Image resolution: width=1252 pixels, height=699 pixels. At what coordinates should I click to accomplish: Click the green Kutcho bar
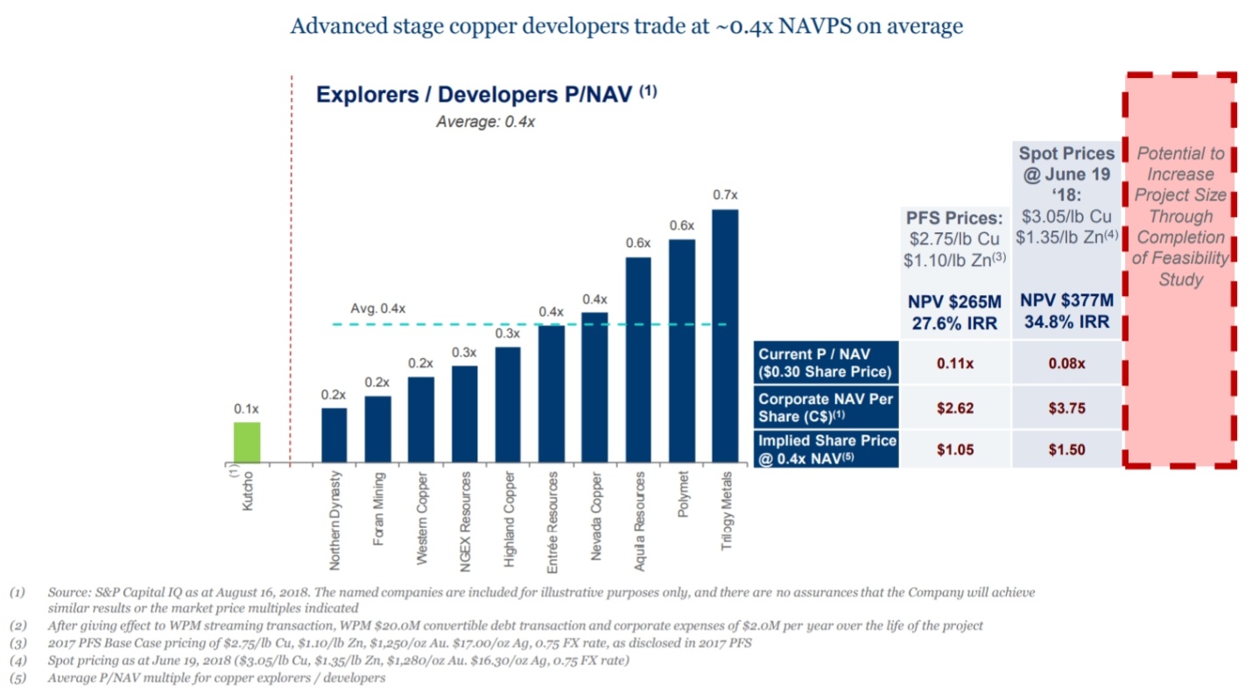[246, 442]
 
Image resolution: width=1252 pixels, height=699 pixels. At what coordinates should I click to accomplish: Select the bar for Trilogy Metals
[725, 336]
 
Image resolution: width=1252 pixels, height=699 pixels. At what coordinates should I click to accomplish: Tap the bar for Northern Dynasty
[334, 435]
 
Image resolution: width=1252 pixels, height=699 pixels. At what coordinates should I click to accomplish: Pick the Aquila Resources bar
[638, 360]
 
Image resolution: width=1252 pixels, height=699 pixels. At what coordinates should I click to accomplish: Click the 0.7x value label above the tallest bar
[725, 195]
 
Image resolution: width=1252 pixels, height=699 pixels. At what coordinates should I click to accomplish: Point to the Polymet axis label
[682, 496]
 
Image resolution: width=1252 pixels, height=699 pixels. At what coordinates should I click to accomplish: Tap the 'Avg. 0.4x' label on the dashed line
[378, 309]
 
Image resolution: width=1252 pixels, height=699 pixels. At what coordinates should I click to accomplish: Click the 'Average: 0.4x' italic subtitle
[485, 123]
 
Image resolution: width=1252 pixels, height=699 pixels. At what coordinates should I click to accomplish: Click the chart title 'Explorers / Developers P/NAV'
[473, 95]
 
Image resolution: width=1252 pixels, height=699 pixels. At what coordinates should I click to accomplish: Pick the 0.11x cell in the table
[955, 363]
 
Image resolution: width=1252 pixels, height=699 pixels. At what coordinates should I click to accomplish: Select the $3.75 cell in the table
[1066, 407]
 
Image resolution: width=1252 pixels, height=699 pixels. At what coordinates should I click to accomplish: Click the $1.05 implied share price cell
[955, 450]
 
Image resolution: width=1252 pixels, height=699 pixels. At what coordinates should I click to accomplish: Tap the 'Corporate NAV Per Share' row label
[826, 406]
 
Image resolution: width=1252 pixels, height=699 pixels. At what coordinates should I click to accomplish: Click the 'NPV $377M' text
[1066, 300]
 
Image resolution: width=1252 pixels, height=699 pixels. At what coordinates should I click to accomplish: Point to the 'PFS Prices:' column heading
[953, 217]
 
